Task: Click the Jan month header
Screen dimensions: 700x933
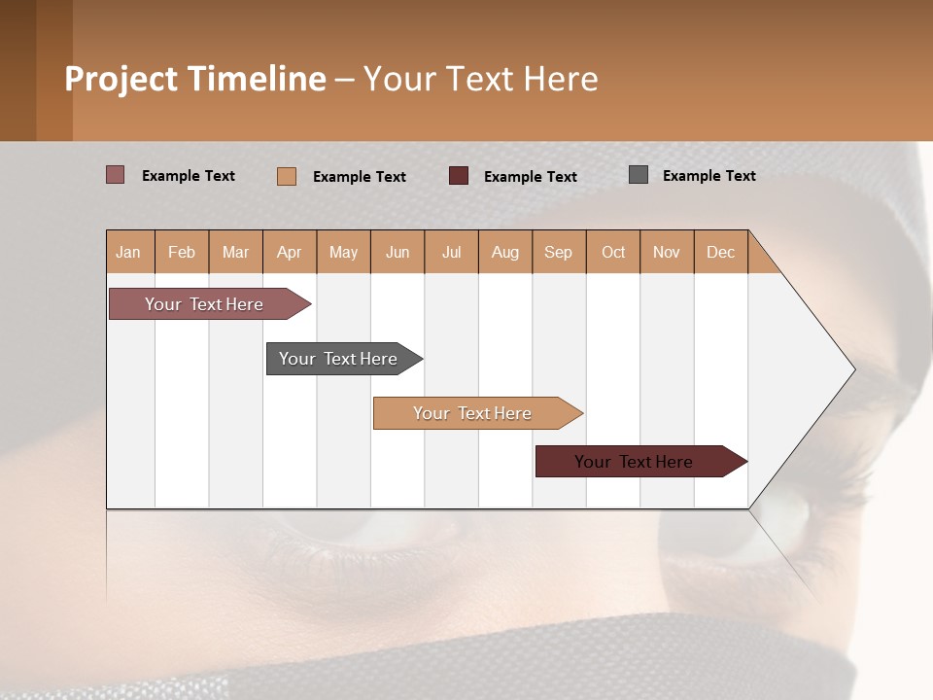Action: coord(129,252)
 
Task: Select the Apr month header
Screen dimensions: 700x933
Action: coord(290,252)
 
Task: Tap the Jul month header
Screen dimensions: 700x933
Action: coord(451,252)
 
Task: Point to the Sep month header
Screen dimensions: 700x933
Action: coord(558,252)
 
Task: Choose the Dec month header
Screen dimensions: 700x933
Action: coord(720,252)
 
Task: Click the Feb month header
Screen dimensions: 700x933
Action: coord(182,252)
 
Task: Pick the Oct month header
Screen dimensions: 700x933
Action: coord(613,252)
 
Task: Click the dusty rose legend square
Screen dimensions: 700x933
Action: coord(116,175)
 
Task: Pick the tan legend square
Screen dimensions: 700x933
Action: coord(287,176)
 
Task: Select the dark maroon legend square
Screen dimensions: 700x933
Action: coord(459,175)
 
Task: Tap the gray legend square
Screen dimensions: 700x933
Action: coord(639,175)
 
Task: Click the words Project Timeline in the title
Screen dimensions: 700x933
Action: coord(194,79)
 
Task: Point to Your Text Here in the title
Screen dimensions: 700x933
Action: coord(481,79)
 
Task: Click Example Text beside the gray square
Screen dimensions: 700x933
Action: coord(708,176)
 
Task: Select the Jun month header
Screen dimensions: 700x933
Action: coord(397,252)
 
